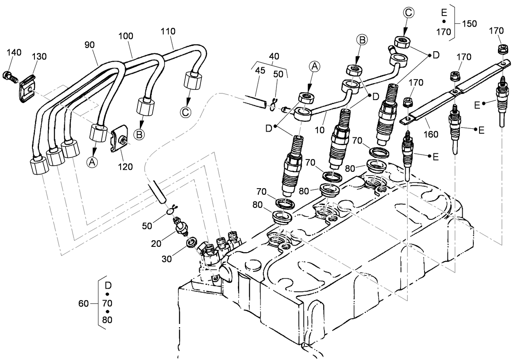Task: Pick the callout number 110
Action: pos(168,31)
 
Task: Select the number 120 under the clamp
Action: pos(125,166)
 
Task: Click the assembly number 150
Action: pos(469,23)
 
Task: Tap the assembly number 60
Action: pos(83,303)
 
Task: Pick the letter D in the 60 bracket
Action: pos(107,285)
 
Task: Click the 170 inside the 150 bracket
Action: pos(444,32)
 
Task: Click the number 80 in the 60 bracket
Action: pos(107,320)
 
